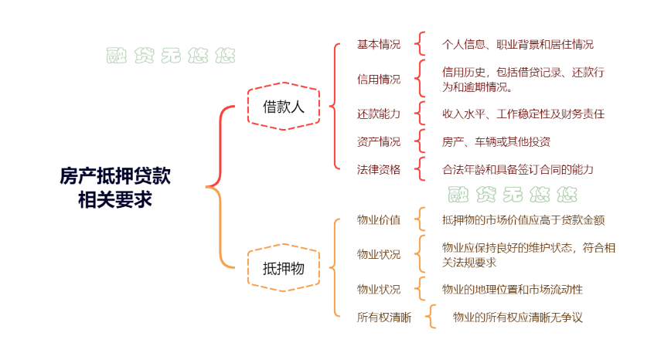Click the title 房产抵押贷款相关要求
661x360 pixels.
coord(114,188)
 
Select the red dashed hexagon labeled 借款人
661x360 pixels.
coord(283,106)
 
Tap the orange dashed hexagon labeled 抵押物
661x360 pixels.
coord(283,268)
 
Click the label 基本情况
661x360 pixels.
coord(379,44)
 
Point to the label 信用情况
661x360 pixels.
coord(379,79)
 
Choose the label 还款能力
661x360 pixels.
coord(379,114)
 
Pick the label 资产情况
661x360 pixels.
coord(379,141)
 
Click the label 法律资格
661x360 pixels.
coord(379,169)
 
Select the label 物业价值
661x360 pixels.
coord(379,219)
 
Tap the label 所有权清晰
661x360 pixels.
coord(384,317)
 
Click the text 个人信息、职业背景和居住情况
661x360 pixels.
coord(518,44)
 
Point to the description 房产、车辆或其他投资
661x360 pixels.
coord(496,141)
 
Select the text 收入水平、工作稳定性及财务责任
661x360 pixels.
coord(523,114)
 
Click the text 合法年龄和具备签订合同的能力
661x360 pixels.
coord(518,169)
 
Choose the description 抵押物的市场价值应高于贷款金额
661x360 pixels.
coord(523,219)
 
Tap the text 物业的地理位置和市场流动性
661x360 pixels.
coord(513,289)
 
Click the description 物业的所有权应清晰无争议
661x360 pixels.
coord(518,317)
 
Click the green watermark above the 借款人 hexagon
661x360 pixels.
coord(171,55)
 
